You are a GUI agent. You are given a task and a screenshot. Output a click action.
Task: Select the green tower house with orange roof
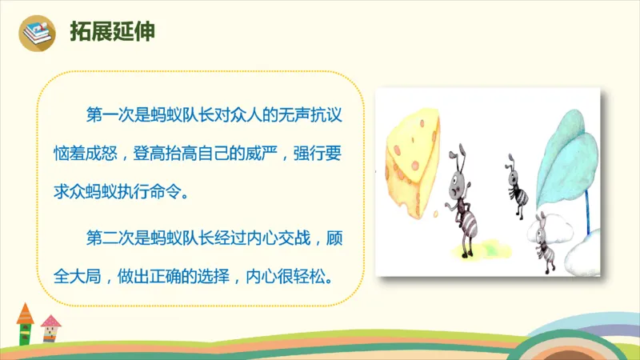point(25,322)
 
